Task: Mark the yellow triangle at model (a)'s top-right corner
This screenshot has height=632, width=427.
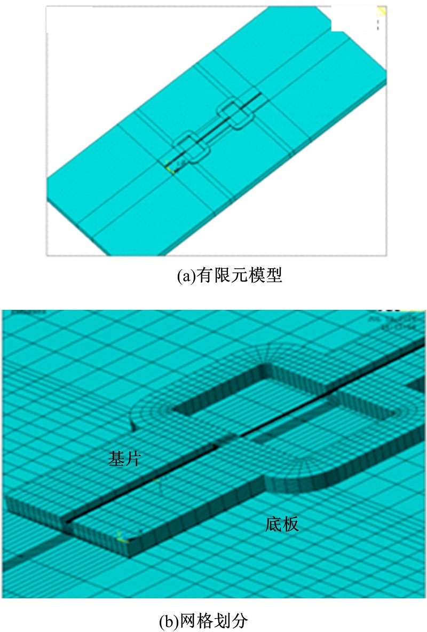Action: point(382,11)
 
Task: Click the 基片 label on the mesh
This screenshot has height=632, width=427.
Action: point(124,458)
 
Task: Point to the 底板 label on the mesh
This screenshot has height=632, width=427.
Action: point(282,524)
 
